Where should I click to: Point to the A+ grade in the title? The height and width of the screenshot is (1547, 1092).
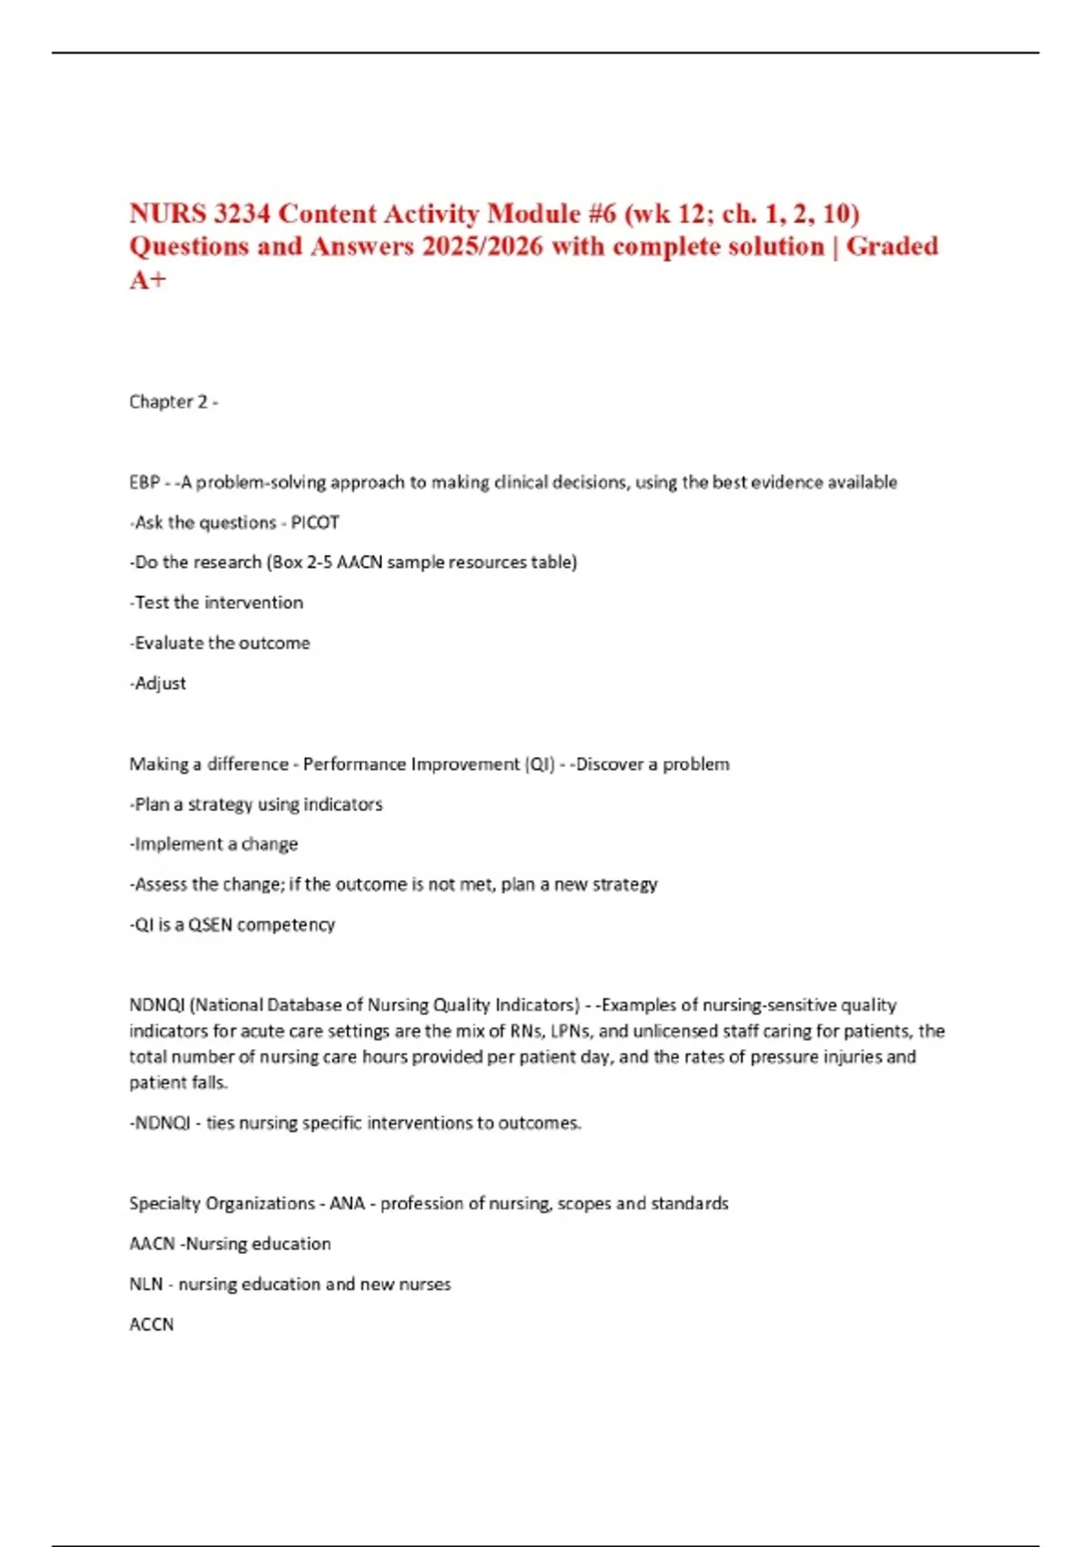tap(147, 279)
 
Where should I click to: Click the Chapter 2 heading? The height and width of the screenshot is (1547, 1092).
tap(169, 401)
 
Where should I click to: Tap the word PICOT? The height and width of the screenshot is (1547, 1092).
tap(315, 522)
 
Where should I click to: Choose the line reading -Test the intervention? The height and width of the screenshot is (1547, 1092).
tap(217, 602)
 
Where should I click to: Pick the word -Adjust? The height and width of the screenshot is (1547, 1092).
tap(158, 683)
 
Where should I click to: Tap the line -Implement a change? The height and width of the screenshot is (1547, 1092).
tap(214, 844)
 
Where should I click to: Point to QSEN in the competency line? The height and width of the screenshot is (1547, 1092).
tap(210, 925)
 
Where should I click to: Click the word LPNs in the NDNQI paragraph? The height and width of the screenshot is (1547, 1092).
tap(571, 1031)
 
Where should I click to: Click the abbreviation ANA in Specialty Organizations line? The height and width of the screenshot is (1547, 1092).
tap(347, 1203)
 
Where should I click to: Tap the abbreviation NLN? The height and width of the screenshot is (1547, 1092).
tap(146, 1284)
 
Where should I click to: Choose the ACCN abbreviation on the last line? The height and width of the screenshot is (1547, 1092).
tap(151, 1324)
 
